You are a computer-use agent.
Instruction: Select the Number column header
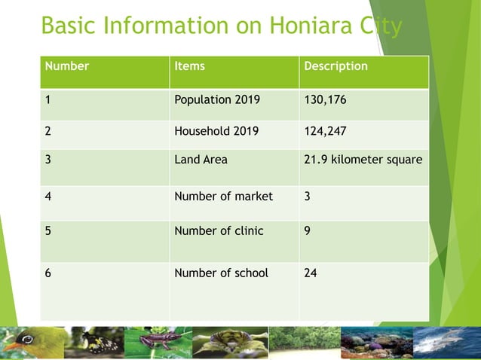67,66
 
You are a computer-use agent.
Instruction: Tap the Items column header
189,66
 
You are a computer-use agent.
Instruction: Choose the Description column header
335,66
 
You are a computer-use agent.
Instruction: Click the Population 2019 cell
216,99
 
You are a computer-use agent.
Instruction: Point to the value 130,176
325,99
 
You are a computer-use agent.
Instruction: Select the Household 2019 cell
216,130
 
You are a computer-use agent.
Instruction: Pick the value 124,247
325,130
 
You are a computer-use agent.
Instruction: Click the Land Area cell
201,160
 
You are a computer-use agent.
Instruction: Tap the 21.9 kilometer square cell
363,160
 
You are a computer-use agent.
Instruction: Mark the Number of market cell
223,197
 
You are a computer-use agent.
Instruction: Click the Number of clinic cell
219,231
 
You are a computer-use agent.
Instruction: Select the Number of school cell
221,273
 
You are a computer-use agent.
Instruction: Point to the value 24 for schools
310,273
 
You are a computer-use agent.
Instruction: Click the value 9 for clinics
307,231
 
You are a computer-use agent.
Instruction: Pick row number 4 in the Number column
48,197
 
